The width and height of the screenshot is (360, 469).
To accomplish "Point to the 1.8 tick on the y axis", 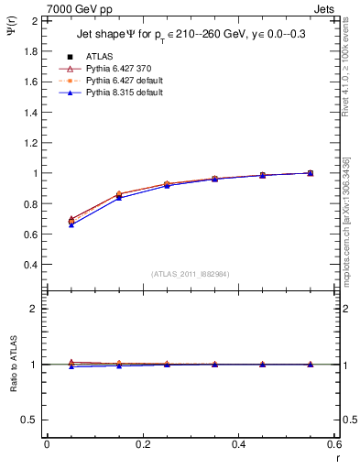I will [x=28, y=50].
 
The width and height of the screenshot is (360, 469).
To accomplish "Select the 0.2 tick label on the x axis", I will [x=142, y=446].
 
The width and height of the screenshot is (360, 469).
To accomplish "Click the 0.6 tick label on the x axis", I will [x=334, y=446].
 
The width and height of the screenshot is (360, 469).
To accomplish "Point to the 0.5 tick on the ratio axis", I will [x=28, y=420].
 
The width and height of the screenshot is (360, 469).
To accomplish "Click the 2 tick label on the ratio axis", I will [x=34, y=309].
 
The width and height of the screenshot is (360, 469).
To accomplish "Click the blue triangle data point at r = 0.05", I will [x=71, y=224].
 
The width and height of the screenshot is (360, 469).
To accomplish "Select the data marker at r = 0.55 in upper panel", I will [x=311, y=172].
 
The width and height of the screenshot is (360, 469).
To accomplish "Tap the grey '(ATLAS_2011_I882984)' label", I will [x=191, y=274].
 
